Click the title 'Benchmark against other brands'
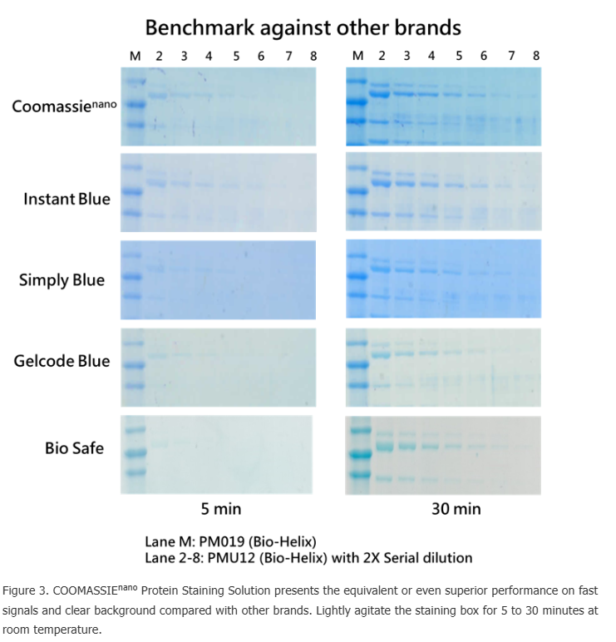(303, 27)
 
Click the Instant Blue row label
(67, 199)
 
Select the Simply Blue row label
(62, 279)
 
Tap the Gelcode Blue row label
(62, 361)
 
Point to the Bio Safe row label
(74, 447)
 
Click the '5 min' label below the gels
(220, 508)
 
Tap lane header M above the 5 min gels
(136, 56)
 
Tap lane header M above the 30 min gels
(357, 56)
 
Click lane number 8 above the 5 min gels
(313, 56)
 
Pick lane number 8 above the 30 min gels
(536, 56)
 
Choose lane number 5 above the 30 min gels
(459, 56)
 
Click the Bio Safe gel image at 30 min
(443, 454)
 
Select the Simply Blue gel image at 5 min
(219, 279)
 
